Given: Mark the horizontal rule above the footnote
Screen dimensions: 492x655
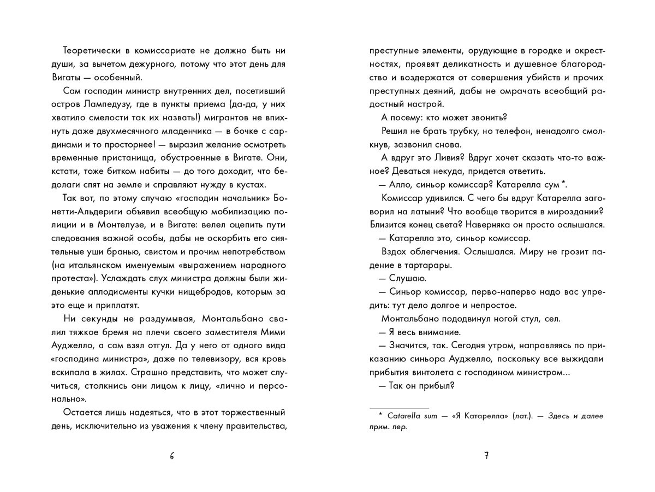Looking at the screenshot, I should [399, 408].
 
